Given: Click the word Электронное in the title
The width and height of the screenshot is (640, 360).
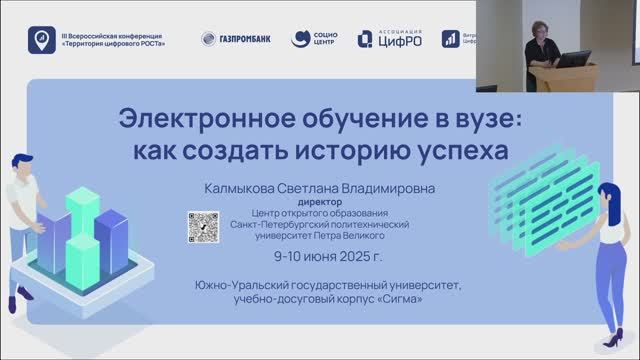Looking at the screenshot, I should click(x=196, y=119).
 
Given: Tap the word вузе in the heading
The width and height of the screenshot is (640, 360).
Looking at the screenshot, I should click(x=484, y=119).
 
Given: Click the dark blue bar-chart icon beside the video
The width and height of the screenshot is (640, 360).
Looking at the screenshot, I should click(x=451, y=40).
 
